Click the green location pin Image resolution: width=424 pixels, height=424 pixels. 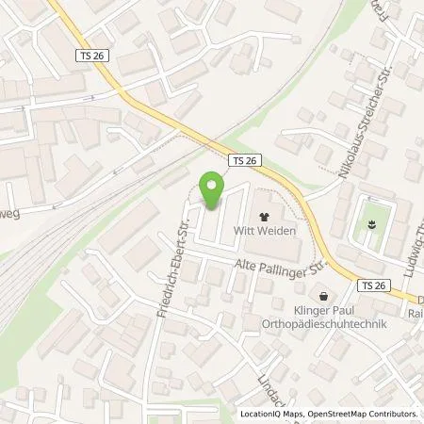coord(212,191)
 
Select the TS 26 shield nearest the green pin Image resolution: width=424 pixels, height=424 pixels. coord(244,161)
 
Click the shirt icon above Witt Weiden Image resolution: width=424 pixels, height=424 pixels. coord(264,216)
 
